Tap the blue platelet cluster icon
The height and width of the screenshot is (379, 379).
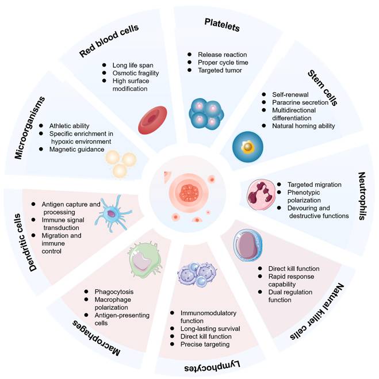point(206,112)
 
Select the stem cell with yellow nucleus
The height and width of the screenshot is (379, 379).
point(248,147)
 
